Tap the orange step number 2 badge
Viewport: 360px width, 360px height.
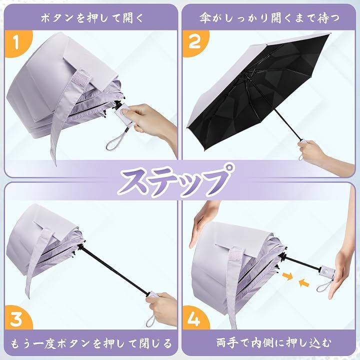pyautogui.click(x=195, y=43)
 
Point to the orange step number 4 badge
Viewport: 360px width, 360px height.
pyautogui.click(x=195, y=318)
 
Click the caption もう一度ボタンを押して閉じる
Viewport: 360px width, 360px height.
pyautogui.click(x=91, y=343)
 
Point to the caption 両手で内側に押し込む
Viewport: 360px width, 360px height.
pyautogui.click(x=273, y=343)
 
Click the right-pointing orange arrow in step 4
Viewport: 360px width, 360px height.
pyautogui.click(x=288, y=276)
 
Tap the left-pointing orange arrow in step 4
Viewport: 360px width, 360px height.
pyautogui.click(x=304, y=282)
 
